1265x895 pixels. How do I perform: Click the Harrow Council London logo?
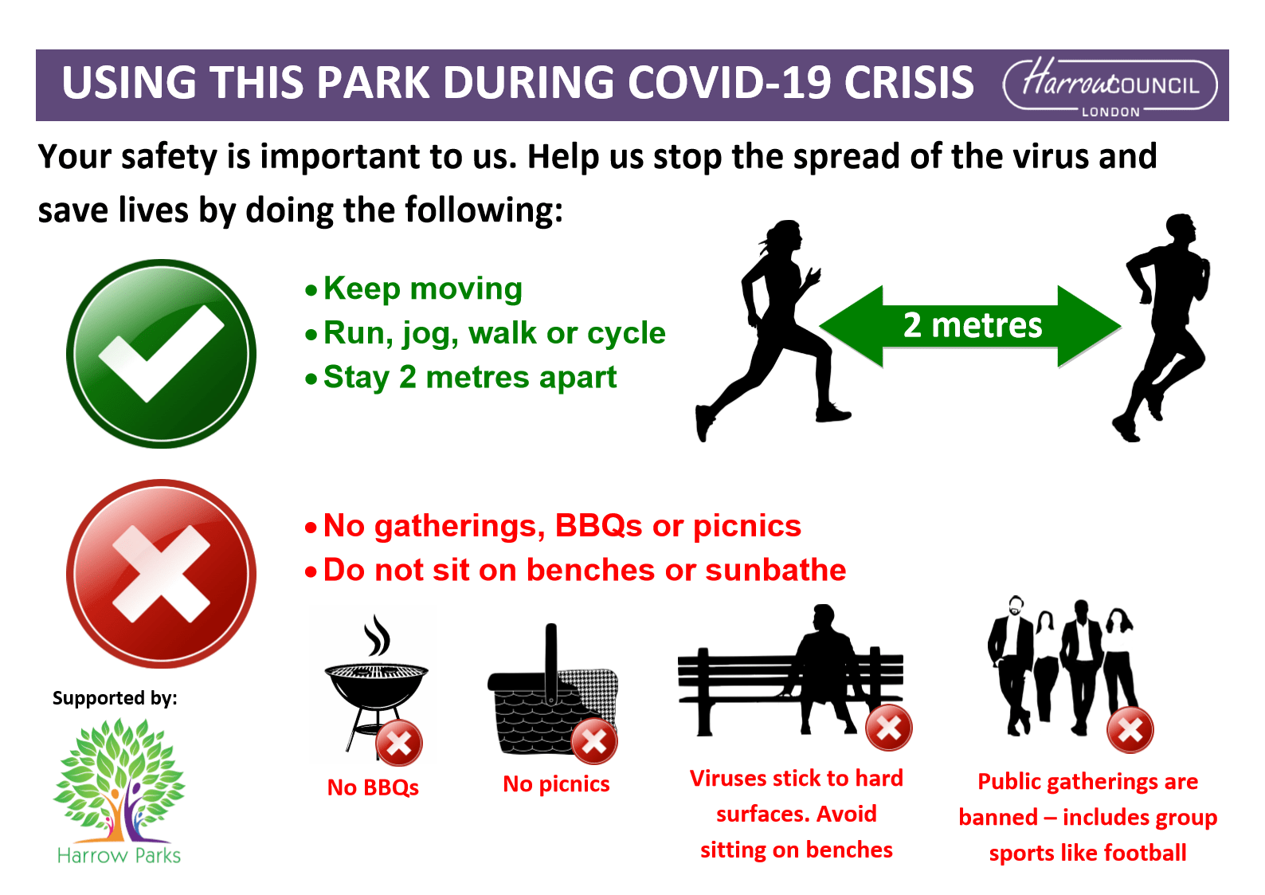(1110, 86)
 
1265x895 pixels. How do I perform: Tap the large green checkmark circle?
(162, 355)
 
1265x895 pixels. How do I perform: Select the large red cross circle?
(162, 574)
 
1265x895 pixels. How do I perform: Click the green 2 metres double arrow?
(970, 327)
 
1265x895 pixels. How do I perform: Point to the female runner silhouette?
(773, 331)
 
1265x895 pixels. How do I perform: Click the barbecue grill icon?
(375, 685)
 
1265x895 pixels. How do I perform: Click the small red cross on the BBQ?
(399, 744)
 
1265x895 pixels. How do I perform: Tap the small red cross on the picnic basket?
(595, 740)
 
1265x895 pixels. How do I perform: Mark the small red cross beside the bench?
(889, 728)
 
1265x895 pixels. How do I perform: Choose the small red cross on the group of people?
(1130, 730)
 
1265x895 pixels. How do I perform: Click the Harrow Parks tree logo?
(119, 791)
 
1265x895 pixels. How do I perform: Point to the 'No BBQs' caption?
(374, 787)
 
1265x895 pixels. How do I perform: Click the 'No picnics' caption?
(556, 784)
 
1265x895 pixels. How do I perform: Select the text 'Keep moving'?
(423, 289)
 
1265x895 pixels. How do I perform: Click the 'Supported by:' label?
(115, 698)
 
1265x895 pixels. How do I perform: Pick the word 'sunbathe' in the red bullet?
(776, 570)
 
